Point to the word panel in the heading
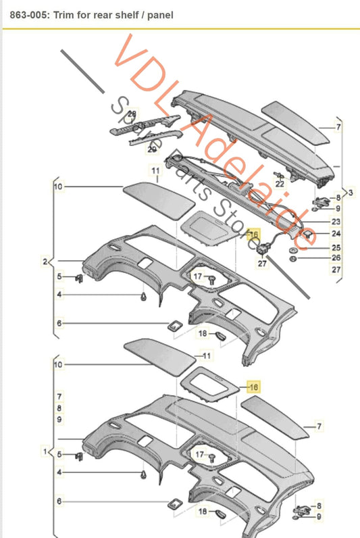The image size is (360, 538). tap(159, 14)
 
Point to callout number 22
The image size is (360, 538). tap(279, 183)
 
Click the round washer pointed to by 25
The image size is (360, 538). tap(294, 248)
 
